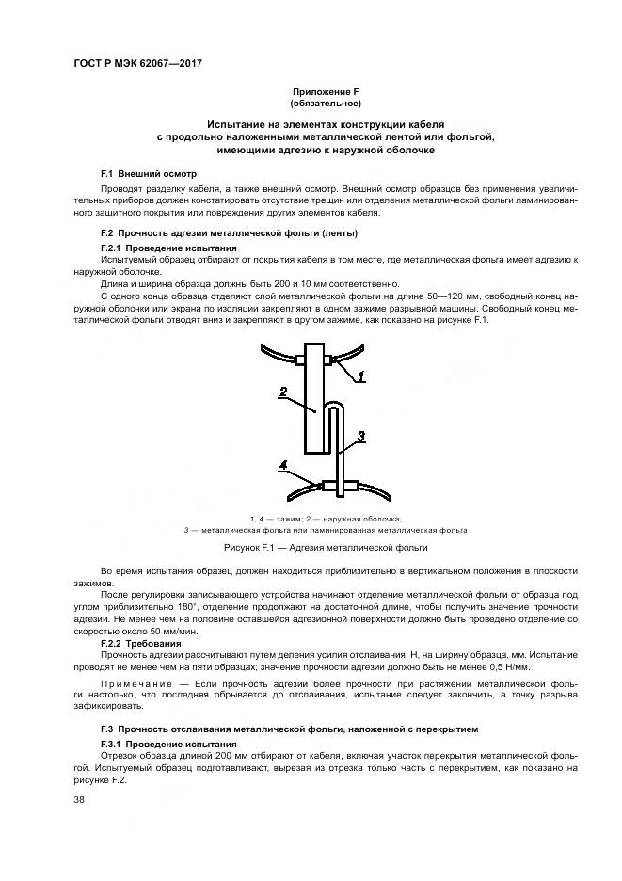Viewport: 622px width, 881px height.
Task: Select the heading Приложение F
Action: pos(311,91)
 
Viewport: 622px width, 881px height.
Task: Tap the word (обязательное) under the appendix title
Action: pos(311,103)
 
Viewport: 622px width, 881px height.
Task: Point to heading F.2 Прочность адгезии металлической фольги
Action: pos(229,232)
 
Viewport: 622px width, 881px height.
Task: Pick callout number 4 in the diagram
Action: pos(283,464)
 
